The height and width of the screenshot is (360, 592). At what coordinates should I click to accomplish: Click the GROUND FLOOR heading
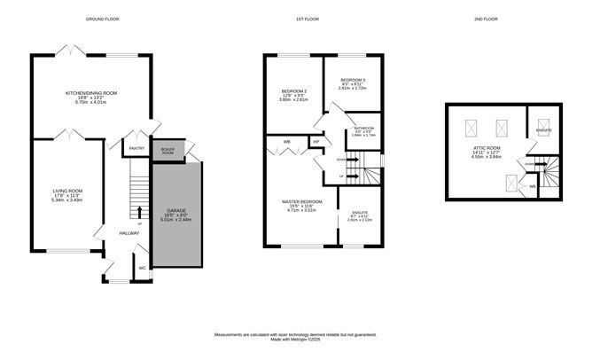click(x=102, y=19)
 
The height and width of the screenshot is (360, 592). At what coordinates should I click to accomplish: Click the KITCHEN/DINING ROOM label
click(x=91, y=92)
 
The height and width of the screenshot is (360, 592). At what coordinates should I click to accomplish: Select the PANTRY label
click(x=136, y=148)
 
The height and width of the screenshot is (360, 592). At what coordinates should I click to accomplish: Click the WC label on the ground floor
click(x=142, y=267)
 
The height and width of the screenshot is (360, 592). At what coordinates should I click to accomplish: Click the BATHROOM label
click(x=364, y=128)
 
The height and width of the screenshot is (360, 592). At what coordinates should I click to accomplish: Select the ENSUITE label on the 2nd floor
click(x=543, y=130)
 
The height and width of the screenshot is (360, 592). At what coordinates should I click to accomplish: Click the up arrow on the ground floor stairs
click(x=140, y=212)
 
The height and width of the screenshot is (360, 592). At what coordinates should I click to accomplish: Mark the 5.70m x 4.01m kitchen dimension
click(x=91, y=102)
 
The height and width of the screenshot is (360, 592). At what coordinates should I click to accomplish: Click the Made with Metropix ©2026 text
click(x=295, y=340)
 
